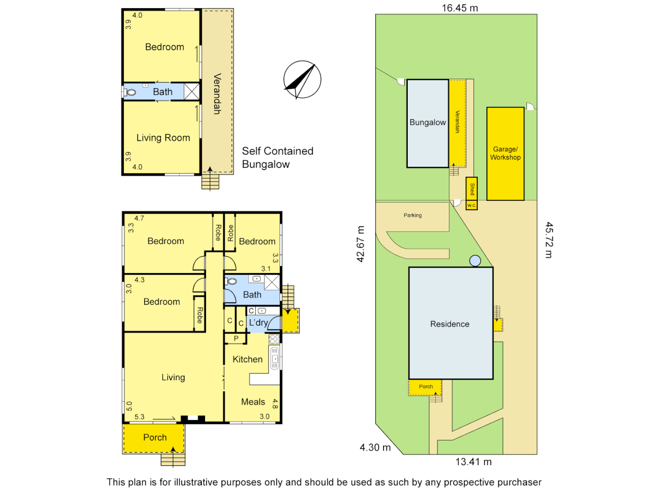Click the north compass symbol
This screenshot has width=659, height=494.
[x=302, y=79]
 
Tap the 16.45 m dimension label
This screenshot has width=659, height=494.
[x=459, y=8]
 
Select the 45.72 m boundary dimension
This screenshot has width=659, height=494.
[x=549, y=240]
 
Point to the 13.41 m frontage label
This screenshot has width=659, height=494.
[x=473, y=462]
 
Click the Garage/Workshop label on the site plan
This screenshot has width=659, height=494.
[x=505, y=153]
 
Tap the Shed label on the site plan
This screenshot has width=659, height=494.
[x=472, y=188]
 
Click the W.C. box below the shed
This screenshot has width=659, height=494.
[x=471, y=205]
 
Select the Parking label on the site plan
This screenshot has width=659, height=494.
[x=413, y=215]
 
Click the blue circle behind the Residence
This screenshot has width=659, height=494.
[x=475, y=261]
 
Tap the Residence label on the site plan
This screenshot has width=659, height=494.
[x=450, y=324]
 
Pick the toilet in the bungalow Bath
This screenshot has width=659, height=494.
[x=130, y=92]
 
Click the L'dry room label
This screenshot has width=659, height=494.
[x=258, y=322]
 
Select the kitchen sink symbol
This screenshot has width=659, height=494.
[x=275, y=358]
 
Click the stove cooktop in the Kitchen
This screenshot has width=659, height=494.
[x=274, y=339]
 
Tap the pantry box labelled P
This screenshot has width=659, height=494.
[x=236, y=338]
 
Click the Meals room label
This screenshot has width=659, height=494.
[x=253, y=402]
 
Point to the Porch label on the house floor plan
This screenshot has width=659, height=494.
[x=155, y=437]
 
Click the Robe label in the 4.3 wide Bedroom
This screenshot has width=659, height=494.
[x=200, y=315]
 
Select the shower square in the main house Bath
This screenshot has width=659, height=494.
[x=272, y=283]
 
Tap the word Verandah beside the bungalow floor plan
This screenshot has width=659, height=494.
[x=217, y=94]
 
